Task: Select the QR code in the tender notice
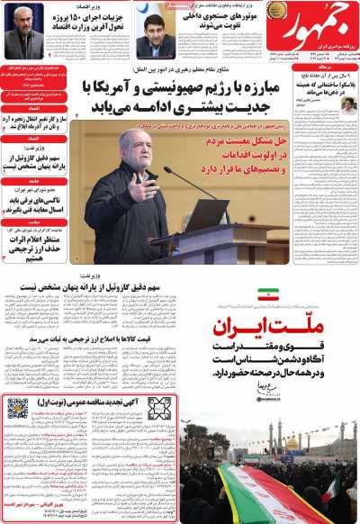18,409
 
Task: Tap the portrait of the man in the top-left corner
22,36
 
